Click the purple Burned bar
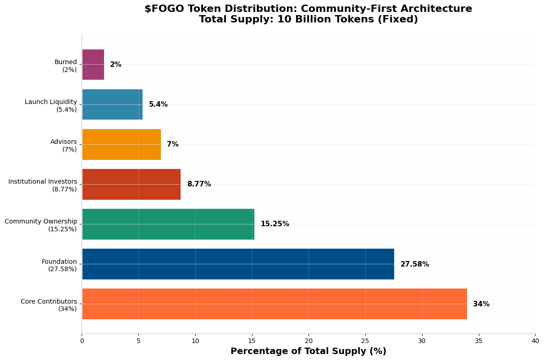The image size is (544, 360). (x=93, y=65)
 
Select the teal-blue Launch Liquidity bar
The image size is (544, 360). (x=112, y=104)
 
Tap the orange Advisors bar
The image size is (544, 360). (x=121, y=144)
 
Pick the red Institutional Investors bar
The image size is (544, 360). (x=131, y=184)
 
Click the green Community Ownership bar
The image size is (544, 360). (x=168, y=224)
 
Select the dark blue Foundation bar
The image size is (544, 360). (x=238, y=264)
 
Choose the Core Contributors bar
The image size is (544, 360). (x=274, y=304)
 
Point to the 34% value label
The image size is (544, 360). (x=481, y=304)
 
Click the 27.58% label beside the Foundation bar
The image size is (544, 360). (x=415, y=264)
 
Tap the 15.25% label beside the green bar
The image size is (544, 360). (x=275, y=224)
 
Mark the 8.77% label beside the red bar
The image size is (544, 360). (x=199, y=184)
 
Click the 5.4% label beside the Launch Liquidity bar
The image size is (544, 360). (x=158, y=104)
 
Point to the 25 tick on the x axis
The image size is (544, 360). (x=365, y=341)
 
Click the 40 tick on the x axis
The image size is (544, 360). (x=535, y=341)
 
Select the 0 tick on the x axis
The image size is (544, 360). (x=82, y=341)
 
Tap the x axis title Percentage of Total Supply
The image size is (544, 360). (x=308, y=351)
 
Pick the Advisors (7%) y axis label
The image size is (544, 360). (x=64, y=145)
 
